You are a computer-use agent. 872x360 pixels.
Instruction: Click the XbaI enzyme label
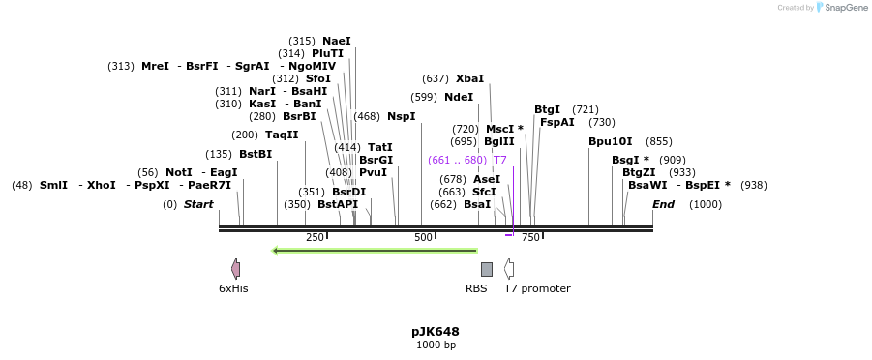point(469,78)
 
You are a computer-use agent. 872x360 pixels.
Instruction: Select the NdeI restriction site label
point(459,97)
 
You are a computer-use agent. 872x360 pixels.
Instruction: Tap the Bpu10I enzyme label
point(610,141)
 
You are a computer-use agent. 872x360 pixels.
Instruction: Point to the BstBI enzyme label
point(256,154)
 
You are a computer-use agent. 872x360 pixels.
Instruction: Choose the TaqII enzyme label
point(282,135)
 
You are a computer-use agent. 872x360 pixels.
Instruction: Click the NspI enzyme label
point(401,116)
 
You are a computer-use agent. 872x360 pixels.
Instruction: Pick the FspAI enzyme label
point(556,122)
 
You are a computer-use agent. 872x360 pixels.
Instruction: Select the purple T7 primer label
point(500,160)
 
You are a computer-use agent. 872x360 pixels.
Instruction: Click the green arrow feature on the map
point(375,251)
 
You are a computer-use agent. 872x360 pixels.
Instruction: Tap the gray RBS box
point(486,269)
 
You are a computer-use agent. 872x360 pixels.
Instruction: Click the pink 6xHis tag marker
point(235,269)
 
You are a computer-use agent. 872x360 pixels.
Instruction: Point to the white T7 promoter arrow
point(509,269)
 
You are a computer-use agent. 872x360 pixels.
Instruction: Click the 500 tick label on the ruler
point(423,237)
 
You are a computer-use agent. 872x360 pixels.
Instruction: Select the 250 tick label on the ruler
point(315,237)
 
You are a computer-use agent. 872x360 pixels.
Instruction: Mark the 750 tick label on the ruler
point(530,237)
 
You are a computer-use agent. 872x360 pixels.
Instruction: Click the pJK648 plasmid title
point(436,331)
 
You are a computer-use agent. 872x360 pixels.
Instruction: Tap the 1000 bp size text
point(436,345)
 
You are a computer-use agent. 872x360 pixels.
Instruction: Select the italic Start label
point(198,204)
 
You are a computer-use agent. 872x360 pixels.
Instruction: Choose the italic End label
point(663,204)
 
